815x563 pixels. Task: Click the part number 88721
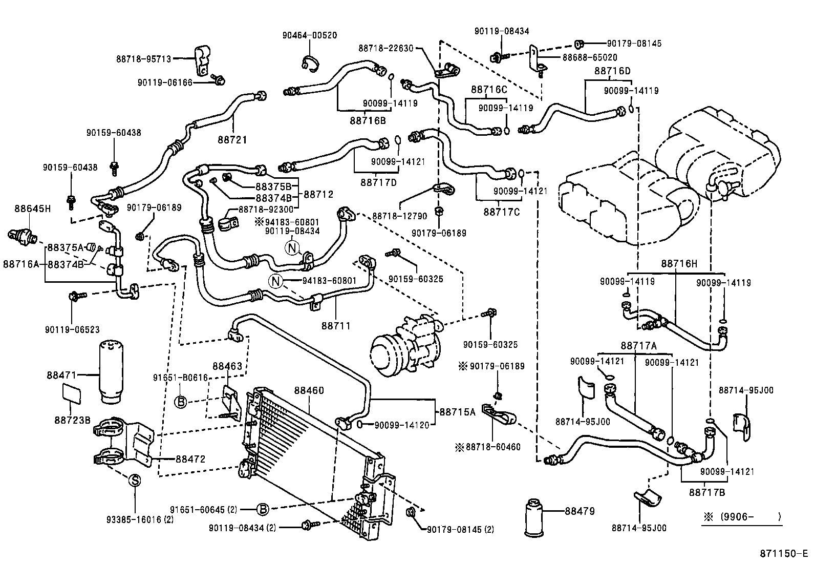click(x=232, y=139)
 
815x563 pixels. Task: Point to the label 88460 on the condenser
click(x=309, y=390)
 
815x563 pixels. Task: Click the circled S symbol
click(x=134, y=481)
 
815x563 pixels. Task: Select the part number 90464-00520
click(x=309, y=35)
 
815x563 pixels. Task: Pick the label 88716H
click(x=679, y=264)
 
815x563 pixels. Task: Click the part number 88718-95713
click(x=143, y=59)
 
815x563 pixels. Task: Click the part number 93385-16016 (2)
click(x=134, y=519)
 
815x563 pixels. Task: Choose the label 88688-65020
click(x=590, y=58)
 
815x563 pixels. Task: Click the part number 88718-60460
click(x=492, y=447)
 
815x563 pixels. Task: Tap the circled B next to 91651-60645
click(x=262, y=509)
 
